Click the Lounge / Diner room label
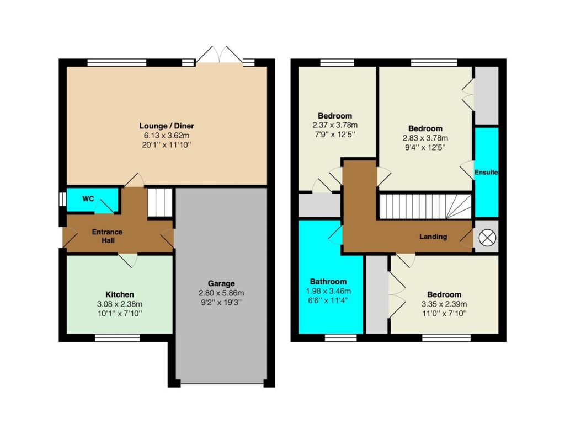[x=167, y=126]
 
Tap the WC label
[x=88, y=198]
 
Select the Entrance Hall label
[x=108, y=236]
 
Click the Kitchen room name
[x=120, y=294]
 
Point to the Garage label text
[x=221, y=284]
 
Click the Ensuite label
[x=486, y=173]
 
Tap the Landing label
[x=433, y=237]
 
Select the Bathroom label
[x=328, y=282]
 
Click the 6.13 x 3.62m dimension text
[x=167, y=136]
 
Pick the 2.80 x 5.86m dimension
[x=221, y=293]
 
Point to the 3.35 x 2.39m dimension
[x=444, y=304]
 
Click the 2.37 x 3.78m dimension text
[x=335, y=125]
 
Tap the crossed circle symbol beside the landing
[x=487, y=238]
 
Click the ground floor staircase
[x=159, y=202]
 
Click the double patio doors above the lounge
[x=218, y=55]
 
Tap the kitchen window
[x=118, y=337]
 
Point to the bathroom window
[x=340, y=337]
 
